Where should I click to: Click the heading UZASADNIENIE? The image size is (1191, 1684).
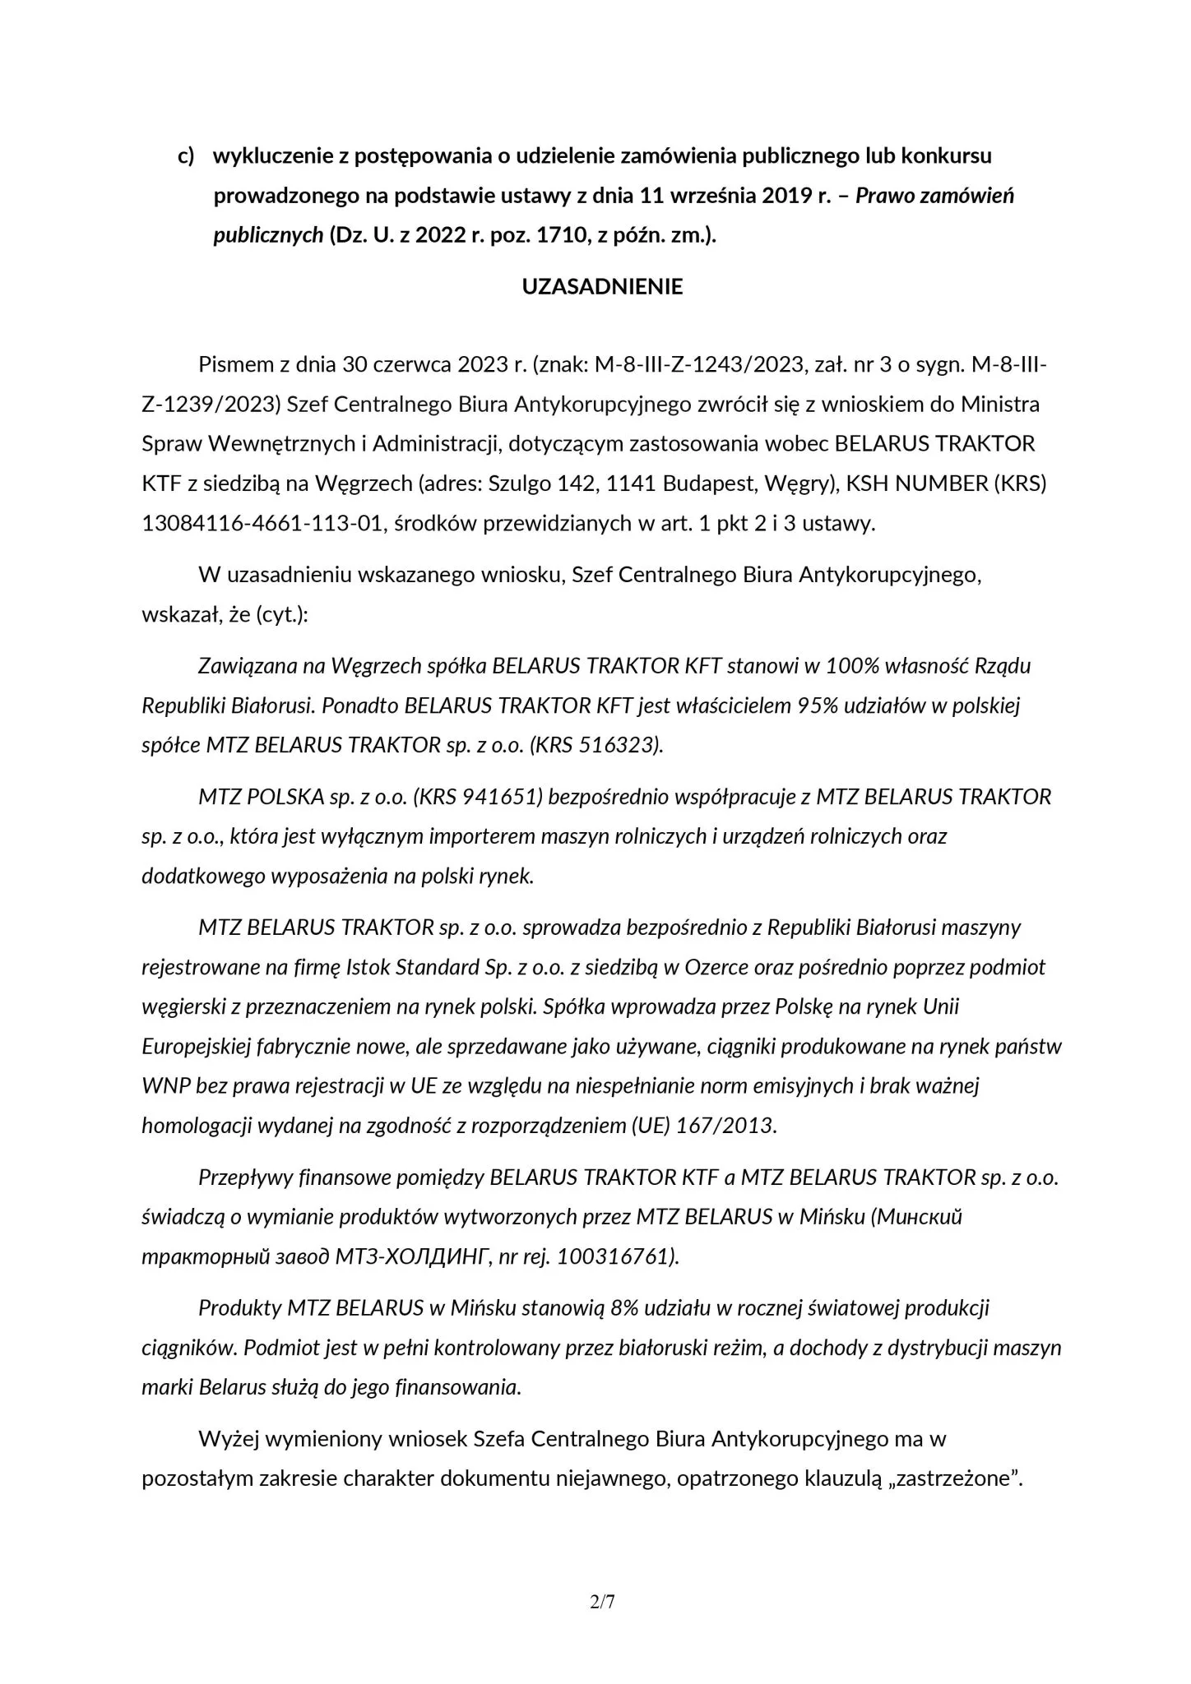(602, 287)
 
